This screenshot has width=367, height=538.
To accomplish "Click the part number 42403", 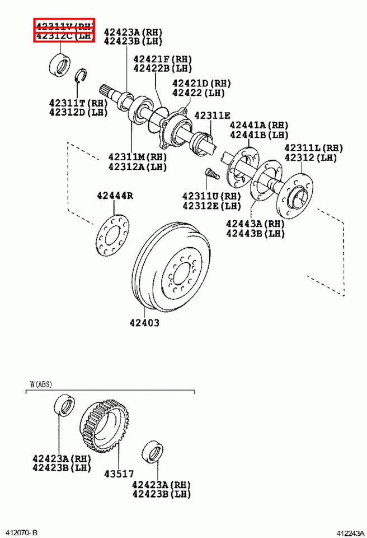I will click(144, 323).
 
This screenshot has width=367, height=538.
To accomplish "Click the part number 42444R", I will click(114, 196).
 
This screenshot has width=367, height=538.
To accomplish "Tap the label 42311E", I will click(212, 115).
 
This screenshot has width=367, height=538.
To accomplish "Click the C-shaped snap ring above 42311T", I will click(81, 75).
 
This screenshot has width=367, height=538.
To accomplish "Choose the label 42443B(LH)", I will click(255, 233).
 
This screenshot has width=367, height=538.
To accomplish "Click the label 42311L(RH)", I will click(313, 148).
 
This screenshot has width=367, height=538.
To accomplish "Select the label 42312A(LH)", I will click(138, 166).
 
